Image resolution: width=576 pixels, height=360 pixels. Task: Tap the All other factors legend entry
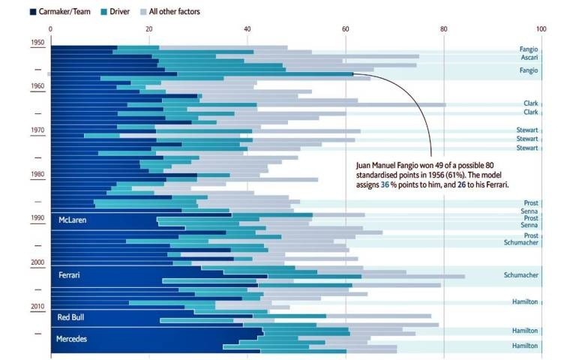174,12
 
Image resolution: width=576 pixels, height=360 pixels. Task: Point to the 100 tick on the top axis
541,29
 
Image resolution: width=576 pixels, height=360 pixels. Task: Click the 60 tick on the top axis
346,29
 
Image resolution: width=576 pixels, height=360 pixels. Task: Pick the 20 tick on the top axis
149,29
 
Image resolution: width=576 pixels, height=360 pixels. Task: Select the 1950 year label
37,43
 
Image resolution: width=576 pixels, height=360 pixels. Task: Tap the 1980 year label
37,174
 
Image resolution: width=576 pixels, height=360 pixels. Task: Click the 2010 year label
37,307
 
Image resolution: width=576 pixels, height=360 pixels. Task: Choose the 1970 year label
37,130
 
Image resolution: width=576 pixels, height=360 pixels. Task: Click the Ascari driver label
529,57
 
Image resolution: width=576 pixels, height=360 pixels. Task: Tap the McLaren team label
73,220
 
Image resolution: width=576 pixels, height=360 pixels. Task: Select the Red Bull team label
71,317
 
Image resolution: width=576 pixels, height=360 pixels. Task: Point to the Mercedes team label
72,339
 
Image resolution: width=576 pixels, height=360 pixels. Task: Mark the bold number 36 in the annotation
385,184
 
